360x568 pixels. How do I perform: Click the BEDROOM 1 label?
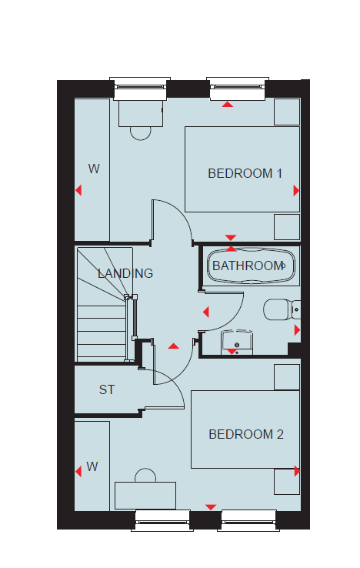pyautogui.click(x=245, y=173)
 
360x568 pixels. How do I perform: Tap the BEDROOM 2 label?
pyautogui.click(x=246, y=434)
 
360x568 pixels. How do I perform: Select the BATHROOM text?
pyautogui.click(x=248, y=266)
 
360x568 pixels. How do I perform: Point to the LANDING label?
pyautogui.click(x=125, y=273)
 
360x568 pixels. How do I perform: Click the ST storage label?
pyautogui.click(x=107, y=389)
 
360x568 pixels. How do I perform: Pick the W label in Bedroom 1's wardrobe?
pyautogui.click(x=94, y=169)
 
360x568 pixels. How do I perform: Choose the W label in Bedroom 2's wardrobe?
pyautogui.click(x=92, y=466)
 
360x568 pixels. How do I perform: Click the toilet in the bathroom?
pyautogui.click(x=282, y=309)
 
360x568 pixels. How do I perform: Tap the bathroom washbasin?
pyautogui.click(x=237, y=342)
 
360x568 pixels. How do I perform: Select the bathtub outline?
pyautogui.click(x=251, y=266)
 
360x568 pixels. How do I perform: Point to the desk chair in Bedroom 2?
pyautogui.click(x=145, y=476)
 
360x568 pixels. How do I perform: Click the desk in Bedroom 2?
pyautogui.click(x=145, y=495)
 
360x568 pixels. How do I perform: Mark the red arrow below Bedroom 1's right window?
pyautogui.click(x=228, y=105)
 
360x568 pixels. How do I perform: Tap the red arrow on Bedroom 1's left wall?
pyautogui.click(x=78, y=190)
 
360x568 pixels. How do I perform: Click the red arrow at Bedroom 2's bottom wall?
pyautogui.click(x=211, y=507)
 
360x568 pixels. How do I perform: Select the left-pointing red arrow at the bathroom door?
pyautogui.click(x=206, y=312)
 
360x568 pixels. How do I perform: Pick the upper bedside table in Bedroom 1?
pyautogui.click(x=287, y=112)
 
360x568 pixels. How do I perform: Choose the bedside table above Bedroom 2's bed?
pyautogui.click(x=287, y=377)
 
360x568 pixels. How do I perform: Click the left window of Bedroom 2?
pyautogui.click(x=162, y=520)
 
